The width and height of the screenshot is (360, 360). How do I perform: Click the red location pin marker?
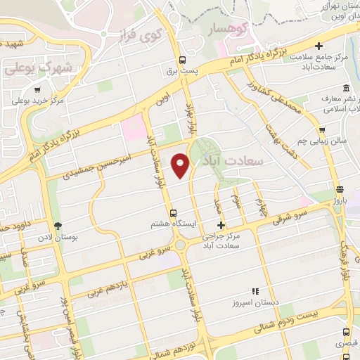pos(181,165)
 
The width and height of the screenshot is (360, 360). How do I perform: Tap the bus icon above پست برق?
pos(183,60)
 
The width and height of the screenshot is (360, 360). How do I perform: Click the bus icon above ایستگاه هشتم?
pos(173,212)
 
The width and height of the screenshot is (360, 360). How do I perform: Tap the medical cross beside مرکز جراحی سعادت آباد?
pos(221,226)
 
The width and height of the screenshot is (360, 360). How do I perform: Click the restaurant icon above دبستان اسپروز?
pos(255,290)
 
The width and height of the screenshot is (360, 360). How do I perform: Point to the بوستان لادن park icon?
pos(58,225)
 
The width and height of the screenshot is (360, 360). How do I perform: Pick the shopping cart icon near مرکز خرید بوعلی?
pos(37,89)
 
